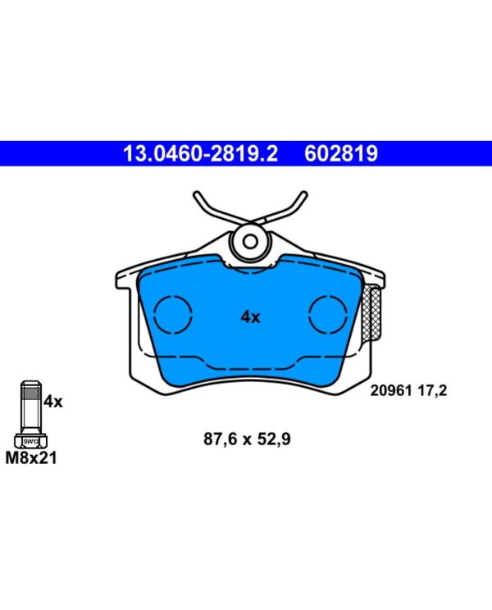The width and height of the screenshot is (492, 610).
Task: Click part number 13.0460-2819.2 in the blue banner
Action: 200,153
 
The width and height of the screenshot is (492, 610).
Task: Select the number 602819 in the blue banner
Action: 340,153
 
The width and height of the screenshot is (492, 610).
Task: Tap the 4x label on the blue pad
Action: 250,317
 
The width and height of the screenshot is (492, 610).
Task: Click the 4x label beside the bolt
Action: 53,401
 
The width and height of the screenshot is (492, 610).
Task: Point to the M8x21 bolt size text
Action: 31,457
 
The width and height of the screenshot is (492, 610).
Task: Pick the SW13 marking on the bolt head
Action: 31,442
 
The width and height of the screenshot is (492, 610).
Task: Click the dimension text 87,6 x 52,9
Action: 247,439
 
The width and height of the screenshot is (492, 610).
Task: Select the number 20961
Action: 391,390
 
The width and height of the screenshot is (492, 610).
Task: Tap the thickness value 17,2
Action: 432,390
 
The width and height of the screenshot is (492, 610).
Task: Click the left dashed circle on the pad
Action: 154,314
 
